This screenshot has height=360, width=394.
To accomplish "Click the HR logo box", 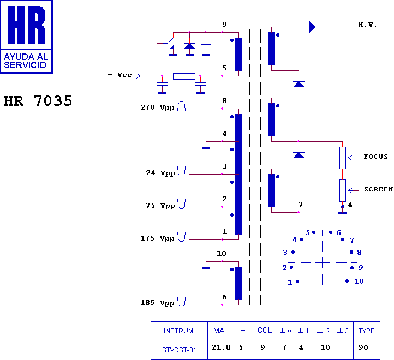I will [x=26, y=37].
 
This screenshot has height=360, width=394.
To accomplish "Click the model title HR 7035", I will [x=38, y=101].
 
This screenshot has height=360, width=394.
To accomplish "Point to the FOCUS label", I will [x=375, y=157].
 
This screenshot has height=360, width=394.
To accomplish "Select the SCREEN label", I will [x=378, y=190].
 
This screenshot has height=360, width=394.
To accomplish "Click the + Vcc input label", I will [x=120, y=75].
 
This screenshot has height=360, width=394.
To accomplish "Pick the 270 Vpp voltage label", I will [x=157, y=108].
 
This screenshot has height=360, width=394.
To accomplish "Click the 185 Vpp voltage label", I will [x=157, y=303].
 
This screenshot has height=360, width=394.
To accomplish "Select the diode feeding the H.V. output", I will [x=313, y=26].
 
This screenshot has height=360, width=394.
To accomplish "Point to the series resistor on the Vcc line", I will [x=184, y=76].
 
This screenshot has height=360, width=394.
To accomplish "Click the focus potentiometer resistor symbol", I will [x=343, y=157].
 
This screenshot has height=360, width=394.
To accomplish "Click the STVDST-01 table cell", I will [x=179, y=350].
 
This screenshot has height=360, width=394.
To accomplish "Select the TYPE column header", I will [x=366, y=331].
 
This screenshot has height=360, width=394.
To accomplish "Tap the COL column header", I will [x=265, y=331].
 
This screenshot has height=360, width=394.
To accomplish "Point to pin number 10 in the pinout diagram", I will [x=359, y=281].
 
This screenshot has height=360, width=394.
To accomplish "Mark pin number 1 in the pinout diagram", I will [x=290, y=282].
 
